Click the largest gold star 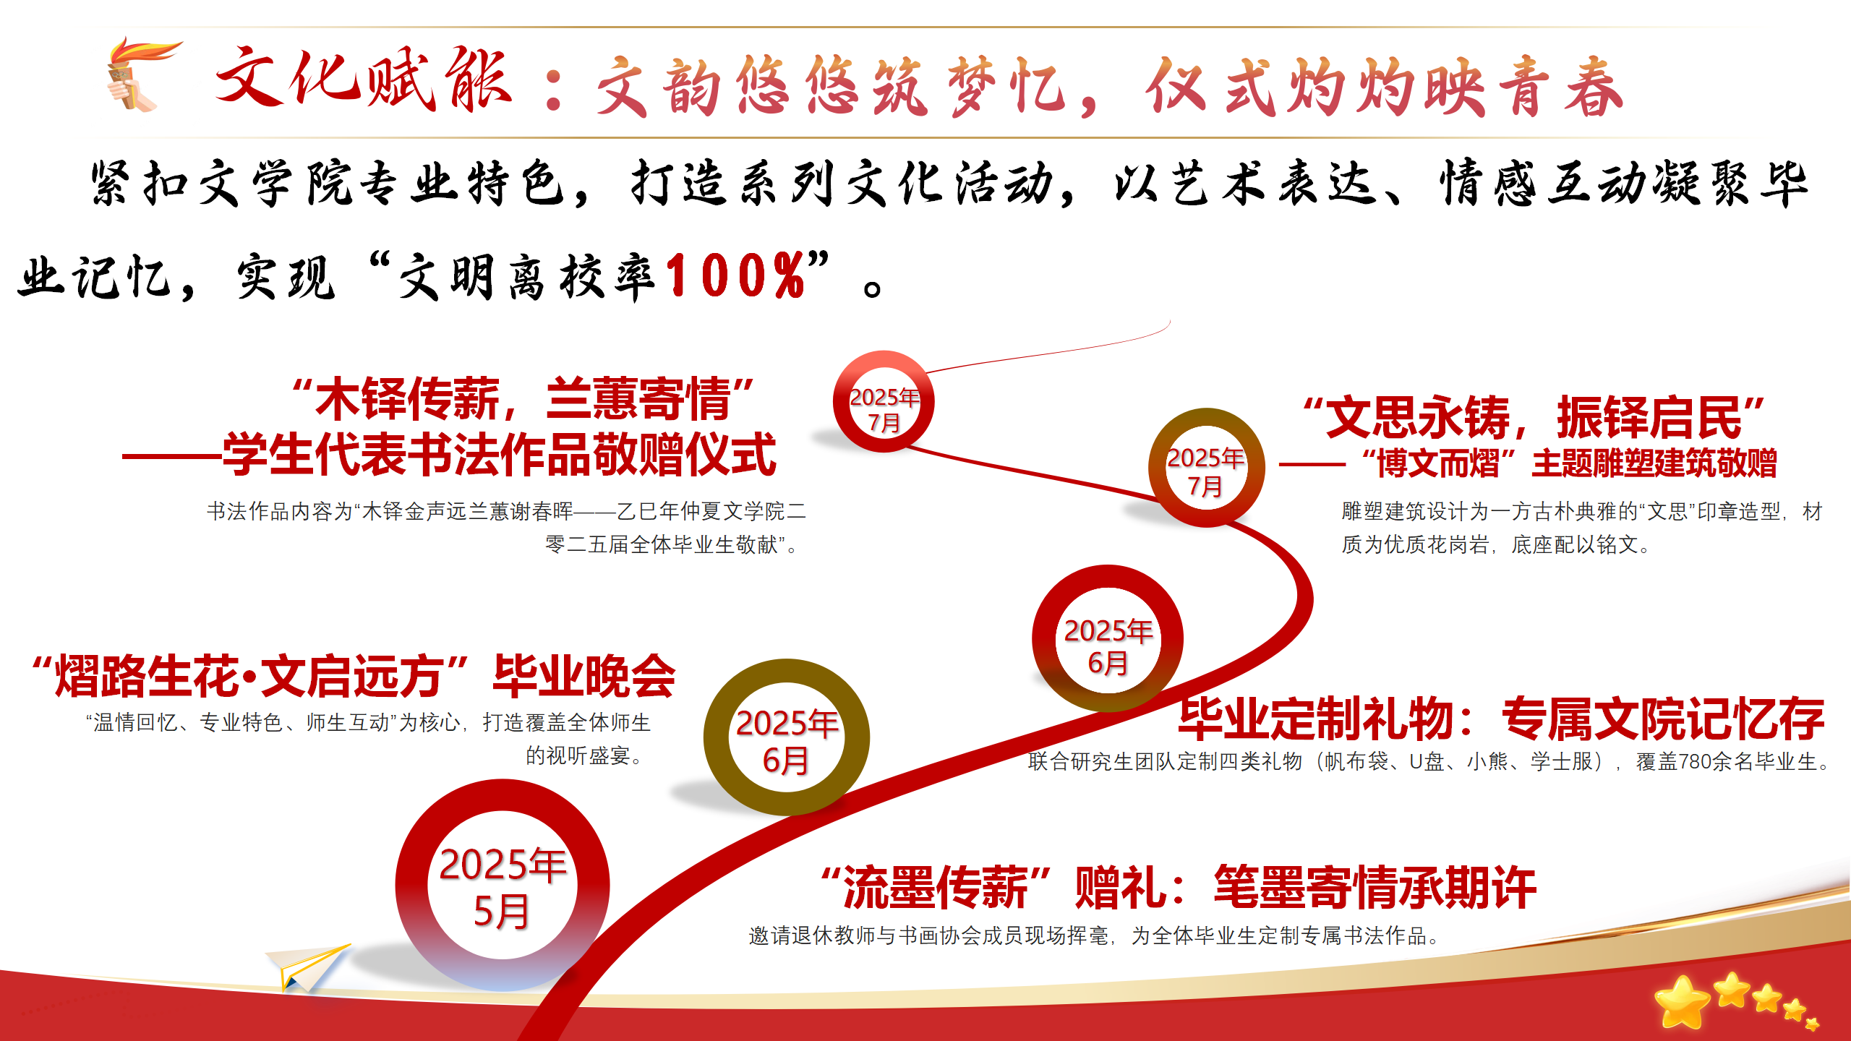[x=1682, y=1002]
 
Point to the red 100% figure [x=735, y=275]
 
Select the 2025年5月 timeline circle [x=503, y=885]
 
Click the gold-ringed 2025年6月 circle [x=787, y=738]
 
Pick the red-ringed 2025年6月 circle [x=1107, y=638]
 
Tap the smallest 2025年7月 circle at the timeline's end [x=884, y=402]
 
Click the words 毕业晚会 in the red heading [x=584, y=677]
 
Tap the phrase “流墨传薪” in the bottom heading [x=936, y=887]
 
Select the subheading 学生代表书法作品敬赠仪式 [x=500, y=455]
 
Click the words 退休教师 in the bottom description [x=834, y=935]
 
